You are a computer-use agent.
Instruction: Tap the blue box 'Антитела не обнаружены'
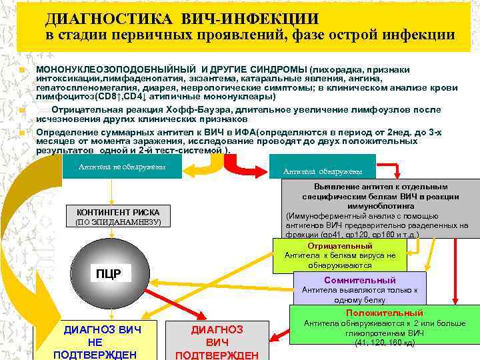(121, 167)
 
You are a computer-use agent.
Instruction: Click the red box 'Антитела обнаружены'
(322, 171)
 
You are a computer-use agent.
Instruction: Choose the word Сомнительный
(359, 280)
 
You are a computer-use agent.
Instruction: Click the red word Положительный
(384, 313)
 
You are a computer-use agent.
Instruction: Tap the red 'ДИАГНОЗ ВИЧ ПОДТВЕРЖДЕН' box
(217, 341)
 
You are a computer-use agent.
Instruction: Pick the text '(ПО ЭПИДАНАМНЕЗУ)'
(117, 222)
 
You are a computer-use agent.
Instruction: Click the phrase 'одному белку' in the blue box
(360, 300)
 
